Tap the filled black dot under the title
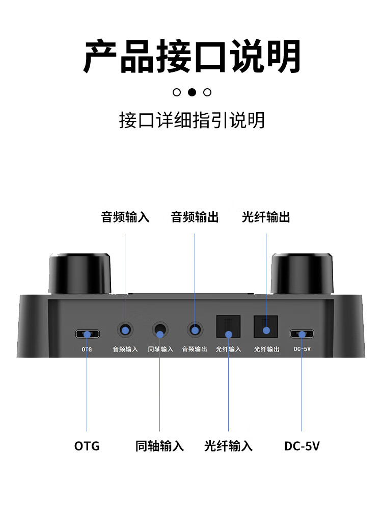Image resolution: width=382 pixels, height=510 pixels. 192,92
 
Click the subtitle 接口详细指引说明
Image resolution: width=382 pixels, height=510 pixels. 192,120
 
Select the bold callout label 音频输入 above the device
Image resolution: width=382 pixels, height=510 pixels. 125,217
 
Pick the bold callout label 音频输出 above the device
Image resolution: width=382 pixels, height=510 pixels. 195,217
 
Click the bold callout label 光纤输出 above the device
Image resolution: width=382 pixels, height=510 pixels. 266,217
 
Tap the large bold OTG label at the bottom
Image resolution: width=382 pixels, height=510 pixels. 87,446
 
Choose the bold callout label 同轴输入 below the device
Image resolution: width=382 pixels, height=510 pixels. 159,446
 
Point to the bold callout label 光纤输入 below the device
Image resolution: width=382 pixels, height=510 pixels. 228,446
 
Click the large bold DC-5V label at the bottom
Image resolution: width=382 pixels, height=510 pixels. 302,446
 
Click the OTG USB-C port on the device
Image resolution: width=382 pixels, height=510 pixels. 88,335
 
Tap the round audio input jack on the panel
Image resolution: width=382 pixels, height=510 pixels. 125,329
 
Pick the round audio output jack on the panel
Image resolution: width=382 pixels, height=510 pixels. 195,329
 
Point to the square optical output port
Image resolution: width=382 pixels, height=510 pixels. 265,326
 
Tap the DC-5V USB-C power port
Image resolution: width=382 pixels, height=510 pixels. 302,335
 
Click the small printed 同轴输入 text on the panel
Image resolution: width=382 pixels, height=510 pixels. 160,349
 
